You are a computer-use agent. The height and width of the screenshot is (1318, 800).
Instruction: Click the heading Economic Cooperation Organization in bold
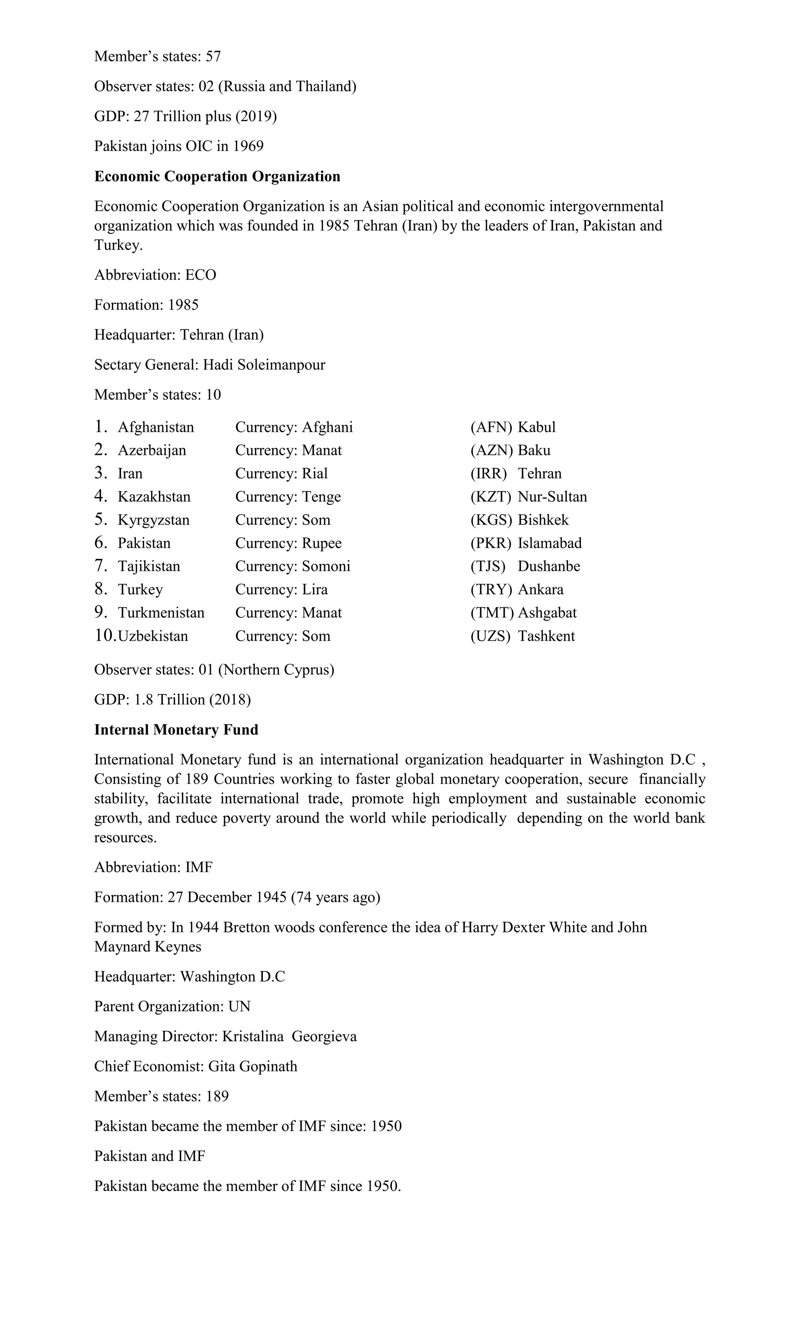click(217, 177)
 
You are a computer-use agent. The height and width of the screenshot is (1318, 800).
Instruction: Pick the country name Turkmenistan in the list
click(161, 612)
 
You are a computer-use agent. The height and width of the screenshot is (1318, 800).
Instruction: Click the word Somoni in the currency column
click(326, 566)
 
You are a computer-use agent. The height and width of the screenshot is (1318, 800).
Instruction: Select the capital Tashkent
click(546, 636)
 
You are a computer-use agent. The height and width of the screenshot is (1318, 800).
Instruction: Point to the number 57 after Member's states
click(213, 56)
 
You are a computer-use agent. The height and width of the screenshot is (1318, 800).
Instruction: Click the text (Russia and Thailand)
click(287, 86)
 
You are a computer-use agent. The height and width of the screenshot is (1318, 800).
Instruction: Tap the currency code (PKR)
click(490, 543)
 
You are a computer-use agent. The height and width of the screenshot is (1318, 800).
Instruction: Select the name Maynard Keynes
click(148, 946)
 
